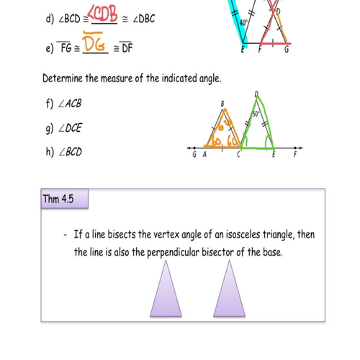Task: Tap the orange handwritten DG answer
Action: pyautogui.click(x=96, y=45)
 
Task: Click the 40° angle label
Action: pyautogui.click(x=245, y=23)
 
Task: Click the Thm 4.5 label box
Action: pyautogui.click(x=58, y=198)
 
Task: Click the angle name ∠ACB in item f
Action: pyautogui.click(x=69, y=104)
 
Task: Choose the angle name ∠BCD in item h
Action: pyautogui.click(x=70, y=152)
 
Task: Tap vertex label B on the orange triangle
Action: pyautogui.click(x=222, y=104)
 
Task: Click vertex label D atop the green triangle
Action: pyautogui.click(x=256, y=94)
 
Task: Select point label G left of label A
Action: pyautogui.click(x=194, y=154)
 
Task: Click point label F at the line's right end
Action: pyautogui.click(x=294, y=154)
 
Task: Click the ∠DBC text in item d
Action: pyautogui.click(x=141, y=18)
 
